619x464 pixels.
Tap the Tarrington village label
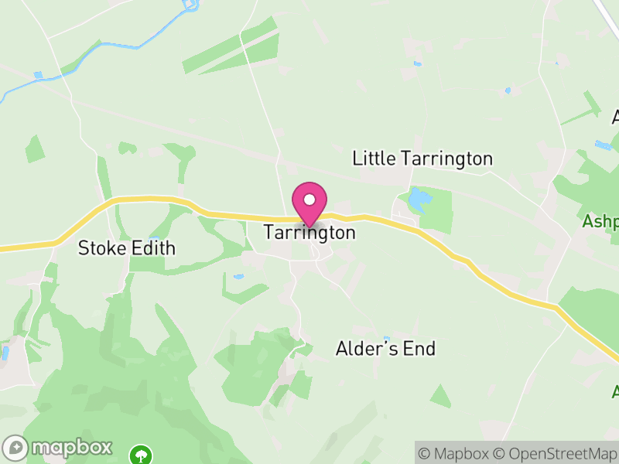pyautogui.click(x=309, y=232)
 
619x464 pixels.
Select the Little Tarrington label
pyautogui.click(x=422, y=159)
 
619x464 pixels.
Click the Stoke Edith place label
pyautogui.click(x=127, y=248)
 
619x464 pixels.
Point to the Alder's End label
pyautogui.click(x=385, y=349)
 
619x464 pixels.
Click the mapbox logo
pyautogui.click(x=58, y=447)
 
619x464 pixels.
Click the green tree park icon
pyautogui.click(x=141, y=453)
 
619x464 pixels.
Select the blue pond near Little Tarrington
pyautogui.click(x=418, y=201)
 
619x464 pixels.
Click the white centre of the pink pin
pyautogui.click(x=309, y=200)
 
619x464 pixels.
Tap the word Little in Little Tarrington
pyautogui.click(x=373, y=159)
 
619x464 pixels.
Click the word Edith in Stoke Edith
pyautogui.click(x=153, y=248)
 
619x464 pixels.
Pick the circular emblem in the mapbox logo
pyautogui.click(x=15, y=447)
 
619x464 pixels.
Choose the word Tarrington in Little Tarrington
pyautogui.click(x=446, y=159)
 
